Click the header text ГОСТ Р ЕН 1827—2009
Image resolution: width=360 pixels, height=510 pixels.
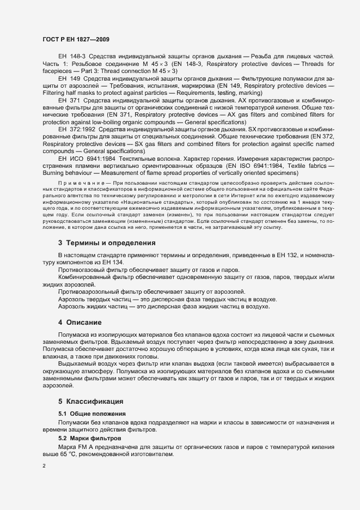click(76, 39)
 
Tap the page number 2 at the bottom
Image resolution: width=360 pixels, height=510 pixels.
click(44, 466)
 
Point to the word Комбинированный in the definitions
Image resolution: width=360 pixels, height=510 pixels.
click(84, 277)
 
